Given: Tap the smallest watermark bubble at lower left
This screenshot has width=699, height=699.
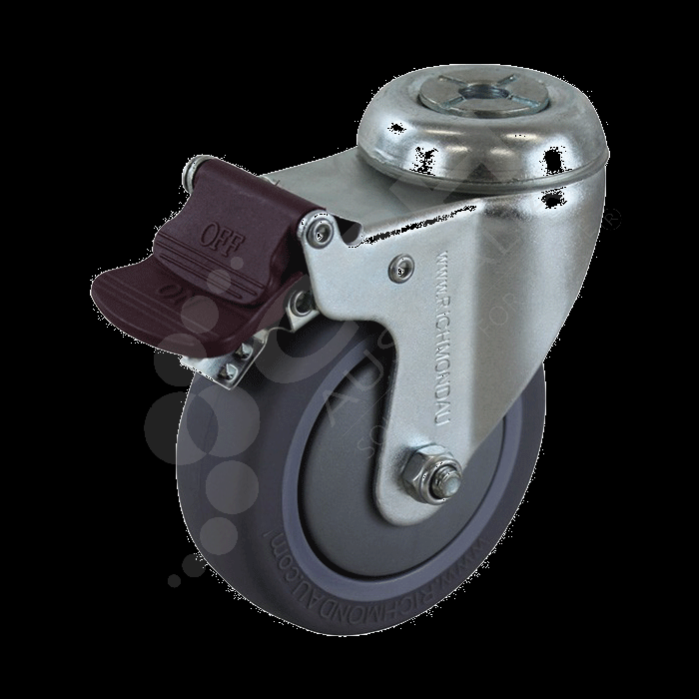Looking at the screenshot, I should click(176, 576).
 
